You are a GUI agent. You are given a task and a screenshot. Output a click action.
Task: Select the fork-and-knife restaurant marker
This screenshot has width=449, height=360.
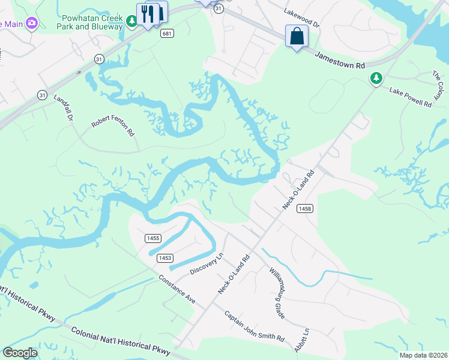(148, 14)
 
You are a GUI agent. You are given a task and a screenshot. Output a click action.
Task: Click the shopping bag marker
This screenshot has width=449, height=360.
(297, 36)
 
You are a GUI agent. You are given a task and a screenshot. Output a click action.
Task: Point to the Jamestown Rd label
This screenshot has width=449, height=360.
(340, 61)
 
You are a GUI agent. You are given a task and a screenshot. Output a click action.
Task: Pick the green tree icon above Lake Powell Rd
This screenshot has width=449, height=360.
(376, 78)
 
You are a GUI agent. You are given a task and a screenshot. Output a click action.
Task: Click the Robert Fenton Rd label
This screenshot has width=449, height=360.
(113, 125)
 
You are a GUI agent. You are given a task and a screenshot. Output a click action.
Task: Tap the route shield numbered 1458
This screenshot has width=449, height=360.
(304, 208)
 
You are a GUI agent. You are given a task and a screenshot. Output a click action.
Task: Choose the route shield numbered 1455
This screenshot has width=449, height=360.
(152, 238)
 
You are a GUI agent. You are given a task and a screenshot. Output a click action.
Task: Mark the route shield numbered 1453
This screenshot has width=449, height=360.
(165, 258)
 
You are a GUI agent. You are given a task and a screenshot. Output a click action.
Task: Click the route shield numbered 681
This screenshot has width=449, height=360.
(167, 34)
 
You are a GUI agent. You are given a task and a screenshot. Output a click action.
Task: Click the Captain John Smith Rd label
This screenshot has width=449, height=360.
(255, 326)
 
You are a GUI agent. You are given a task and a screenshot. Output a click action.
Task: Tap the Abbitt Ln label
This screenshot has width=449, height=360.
(301, 340)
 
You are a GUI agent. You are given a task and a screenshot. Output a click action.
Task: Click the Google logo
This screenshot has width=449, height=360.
(20, 353)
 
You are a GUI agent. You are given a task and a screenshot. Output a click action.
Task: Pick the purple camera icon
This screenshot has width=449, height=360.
(32, 23)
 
